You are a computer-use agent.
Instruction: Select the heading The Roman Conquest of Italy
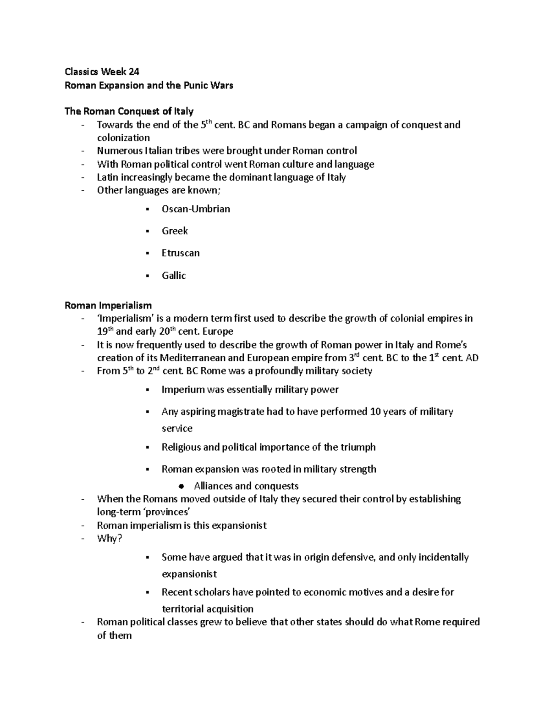point(129,111)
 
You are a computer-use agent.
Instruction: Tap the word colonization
point(123,138)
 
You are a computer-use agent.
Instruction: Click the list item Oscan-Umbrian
point(196,209)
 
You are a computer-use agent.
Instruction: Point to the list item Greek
point(175,231)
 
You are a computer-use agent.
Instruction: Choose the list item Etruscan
point(181,253)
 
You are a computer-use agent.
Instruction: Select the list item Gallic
point(174,276)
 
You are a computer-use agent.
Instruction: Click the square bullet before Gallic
point(147,276)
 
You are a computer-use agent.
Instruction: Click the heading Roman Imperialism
point(108,305)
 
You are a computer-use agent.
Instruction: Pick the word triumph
point(358,447)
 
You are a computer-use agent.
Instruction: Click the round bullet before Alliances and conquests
point(181,486)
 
